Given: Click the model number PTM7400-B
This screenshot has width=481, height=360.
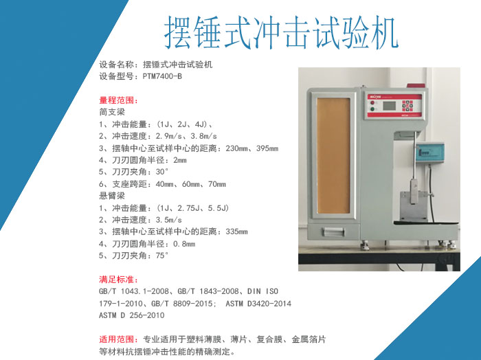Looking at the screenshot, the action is pos(162,76).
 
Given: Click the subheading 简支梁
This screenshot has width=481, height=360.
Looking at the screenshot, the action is pos(111,112).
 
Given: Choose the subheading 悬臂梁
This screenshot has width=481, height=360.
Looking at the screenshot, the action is pos(111,196).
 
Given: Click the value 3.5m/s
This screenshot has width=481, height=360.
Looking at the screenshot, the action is pos(169,220).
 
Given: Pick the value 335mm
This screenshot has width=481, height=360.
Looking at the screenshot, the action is pos(236,232).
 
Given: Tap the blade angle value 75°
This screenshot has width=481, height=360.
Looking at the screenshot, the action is pos(162,256).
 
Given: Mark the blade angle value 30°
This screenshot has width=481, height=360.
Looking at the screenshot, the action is pos(162,172).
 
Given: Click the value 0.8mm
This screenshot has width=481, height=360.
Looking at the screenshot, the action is pos(184,244).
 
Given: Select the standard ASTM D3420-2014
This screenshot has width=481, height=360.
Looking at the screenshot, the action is pos(258,304).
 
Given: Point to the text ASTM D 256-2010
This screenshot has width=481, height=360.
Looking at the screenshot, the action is pos(132,315).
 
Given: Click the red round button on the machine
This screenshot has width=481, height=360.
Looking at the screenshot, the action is pos(372,103).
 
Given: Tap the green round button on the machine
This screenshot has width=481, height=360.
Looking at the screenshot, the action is pos(372,109).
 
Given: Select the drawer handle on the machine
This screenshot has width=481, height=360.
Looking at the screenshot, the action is pos(333,232).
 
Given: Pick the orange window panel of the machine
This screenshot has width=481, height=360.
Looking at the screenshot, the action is pos(333,156).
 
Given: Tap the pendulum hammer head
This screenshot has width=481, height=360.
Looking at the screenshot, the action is pos(414,192).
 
